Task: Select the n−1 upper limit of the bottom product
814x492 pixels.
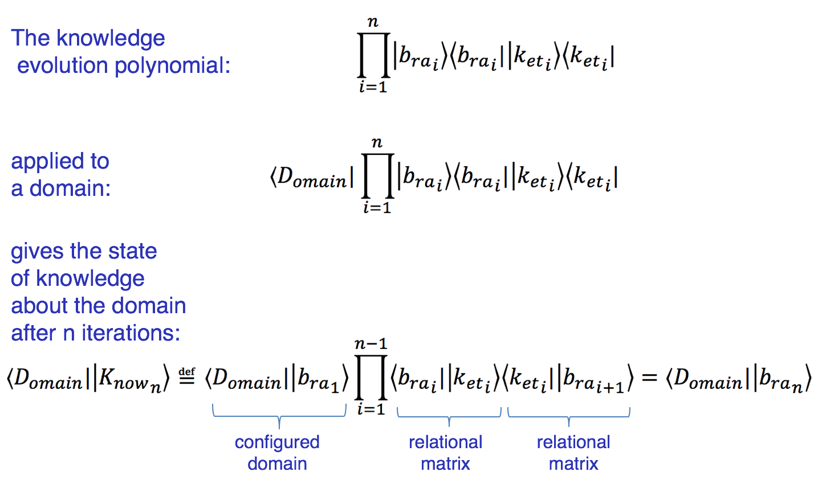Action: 371,344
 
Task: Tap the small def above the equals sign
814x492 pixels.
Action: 186,372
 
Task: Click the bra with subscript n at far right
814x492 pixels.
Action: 781,380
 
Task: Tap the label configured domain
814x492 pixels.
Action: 277,453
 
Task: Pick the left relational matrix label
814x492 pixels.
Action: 445,453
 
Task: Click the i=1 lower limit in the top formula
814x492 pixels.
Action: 373,88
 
